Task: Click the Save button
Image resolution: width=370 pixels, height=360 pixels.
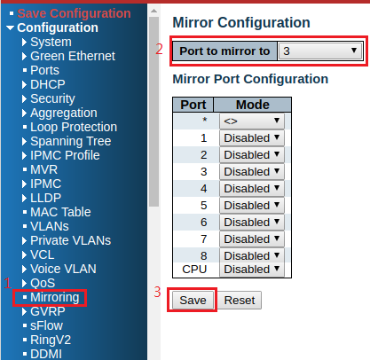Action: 193,301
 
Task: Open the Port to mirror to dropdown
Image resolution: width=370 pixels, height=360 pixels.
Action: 320,51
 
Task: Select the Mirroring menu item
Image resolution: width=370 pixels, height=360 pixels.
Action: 55,297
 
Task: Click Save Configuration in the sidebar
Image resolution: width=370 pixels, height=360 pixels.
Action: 74,13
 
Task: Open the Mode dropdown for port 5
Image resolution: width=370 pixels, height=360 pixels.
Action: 252,205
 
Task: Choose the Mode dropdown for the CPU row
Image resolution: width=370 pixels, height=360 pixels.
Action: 252,270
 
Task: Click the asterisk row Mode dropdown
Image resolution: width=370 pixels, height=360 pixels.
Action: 252,121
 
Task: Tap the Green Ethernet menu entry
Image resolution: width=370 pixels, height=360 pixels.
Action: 73,56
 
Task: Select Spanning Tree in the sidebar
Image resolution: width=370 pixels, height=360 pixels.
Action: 71,141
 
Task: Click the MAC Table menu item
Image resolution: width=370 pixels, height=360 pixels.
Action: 60,212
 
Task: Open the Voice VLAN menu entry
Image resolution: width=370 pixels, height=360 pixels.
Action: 63,269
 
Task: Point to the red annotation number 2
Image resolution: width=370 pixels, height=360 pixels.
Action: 159,49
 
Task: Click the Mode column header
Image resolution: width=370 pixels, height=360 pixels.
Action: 253,105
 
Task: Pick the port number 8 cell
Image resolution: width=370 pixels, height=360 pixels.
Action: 203,256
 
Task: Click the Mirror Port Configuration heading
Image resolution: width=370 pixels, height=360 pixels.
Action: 250,79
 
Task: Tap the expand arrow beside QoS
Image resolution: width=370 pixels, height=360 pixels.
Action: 24,283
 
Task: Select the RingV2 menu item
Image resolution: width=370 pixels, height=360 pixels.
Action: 51,340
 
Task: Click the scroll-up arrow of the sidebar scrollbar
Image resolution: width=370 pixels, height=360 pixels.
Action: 154,11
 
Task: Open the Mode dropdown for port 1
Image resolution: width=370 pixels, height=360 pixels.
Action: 252,137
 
